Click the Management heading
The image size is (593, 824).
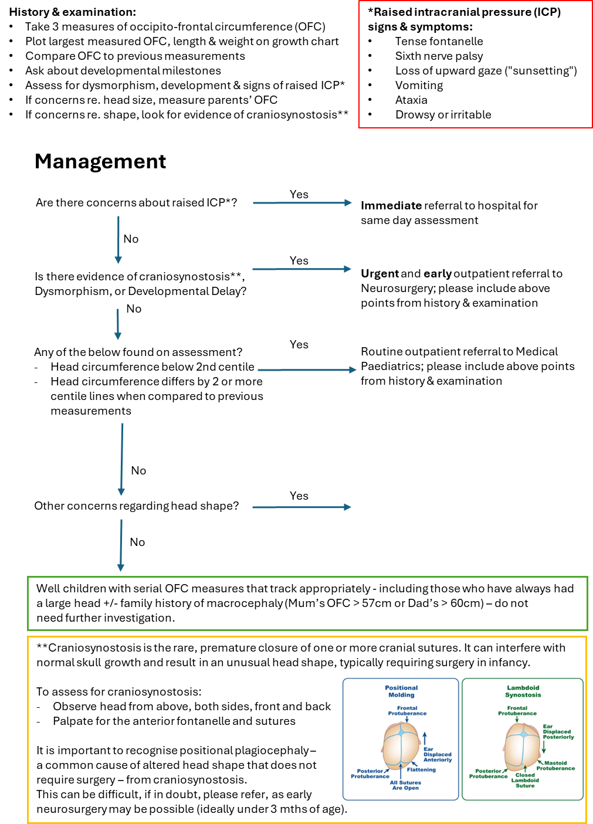click(100, 161)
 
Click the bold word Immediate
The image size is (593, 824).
click(391, 205)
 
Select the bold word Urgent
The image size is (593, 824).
click(379, 274)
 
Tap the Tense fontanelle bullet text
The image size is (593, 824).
click(439, 41)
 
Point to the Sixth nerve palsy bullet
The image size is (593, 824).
click(439, 56)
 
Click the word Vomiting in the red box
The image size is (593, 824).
click(419, 86)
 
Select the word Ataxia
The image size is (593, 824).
click(411, 100)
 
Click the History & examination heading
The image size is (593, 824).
click(73, 12)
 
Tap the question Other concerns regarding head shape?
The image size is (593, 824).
click(137, 506)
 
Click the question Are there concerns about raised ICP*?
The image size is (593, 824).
click(137, 203)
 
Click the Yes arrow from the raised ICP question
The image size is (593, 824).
click(302, 203)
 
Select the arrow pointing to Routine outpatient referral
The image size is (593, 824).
click(307, 369)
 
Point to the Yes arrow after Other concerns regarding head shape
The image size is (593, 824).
click(301, 507)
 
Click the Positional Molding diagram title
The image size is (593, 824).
click(401, 691)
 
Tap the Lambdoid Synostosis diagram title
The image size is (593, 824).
click(523, 691)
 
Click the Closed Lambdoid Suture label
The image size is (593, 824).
click(525, 780)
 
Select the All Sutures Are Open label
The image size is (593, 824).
click(405, 785)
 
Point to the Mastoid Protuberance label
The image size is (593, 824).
click(555, 765)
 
